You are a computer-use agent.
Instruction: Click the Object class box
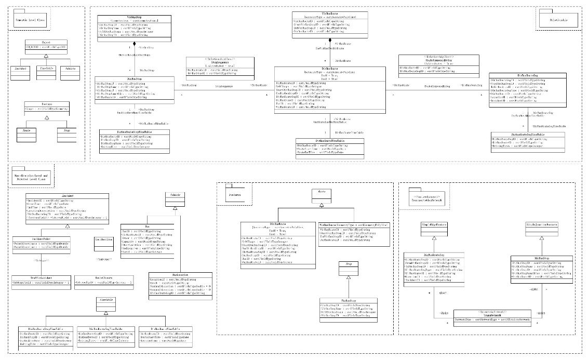click(x=46, y=46)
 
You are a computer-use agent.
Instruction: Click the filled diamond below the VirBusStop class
click(x=135, y=45)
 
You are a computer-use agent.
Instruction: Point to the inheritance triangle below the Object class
click(x=46, y=54)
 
